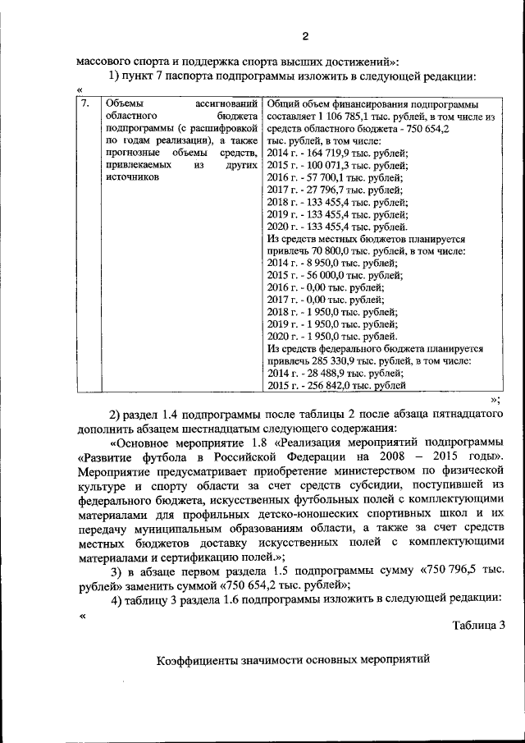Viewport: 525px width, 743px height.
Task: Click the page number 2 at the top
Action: pyautogui.click(x=304, y=35)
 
